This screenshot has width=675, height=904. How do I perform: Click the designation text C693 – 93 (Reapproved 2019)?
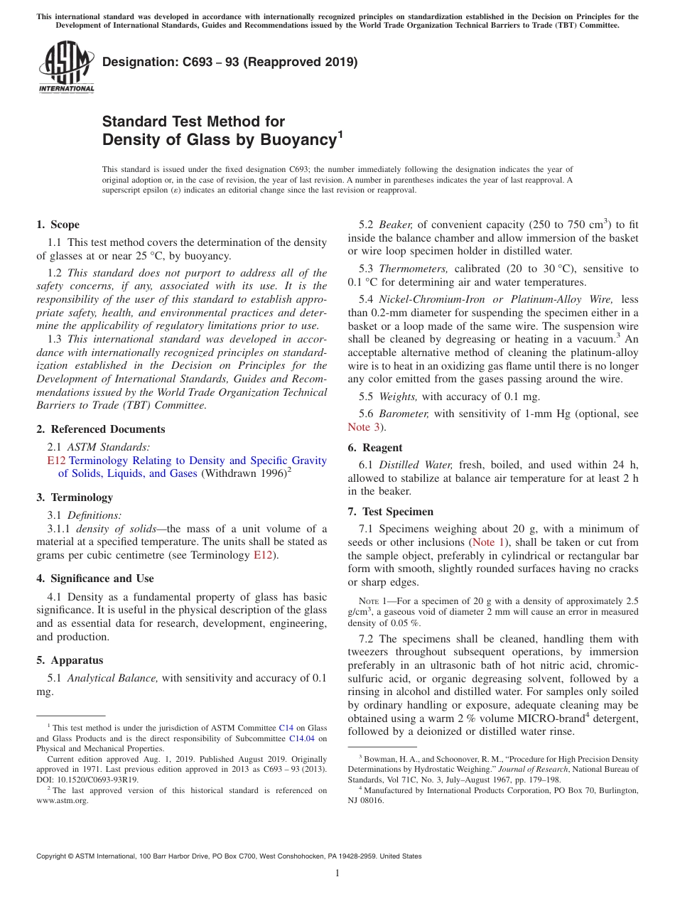tap(230, 63)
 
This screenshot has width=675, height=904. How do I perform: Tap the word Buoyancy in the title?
tap(290, 140)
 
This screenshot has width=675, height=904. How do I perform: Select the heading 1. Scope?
tap(58, 225)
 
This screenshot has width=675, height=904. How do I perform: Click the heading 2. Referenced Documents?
tap(100, 429)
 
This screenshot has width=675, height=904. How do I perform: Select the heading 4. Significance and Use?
tap(94, 579)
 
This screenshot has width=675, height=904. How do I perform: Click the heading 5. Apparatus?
tap(70, 660)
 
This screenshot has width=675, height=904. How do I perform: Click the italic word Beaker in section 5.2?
tap(395, 225)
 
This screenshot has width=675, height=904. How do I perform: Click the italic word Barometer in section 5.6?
tap(404, 414)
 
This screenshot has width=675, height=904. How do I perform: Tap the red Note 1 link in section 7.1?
tap(489, 542)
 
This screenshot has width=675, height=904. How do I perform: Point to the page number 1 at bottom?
tap(337, 873)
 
